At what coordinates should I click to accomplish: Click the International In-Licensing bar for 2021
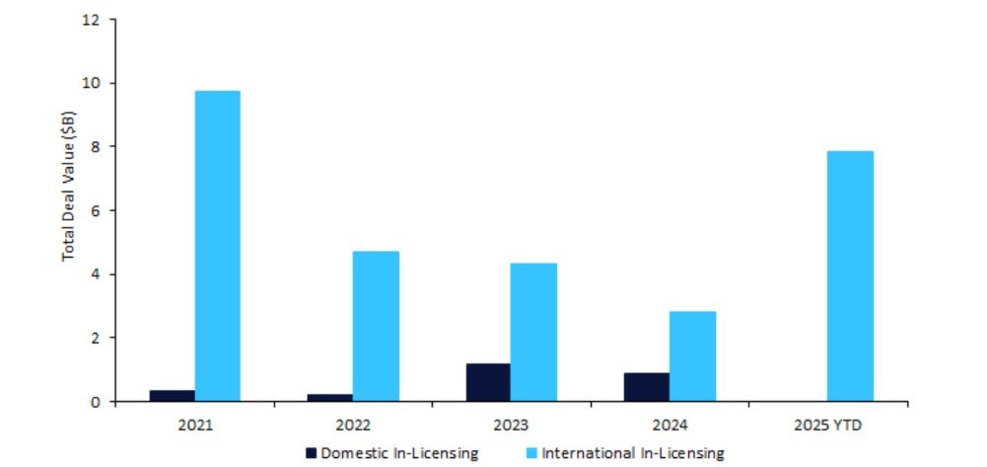point(217,246)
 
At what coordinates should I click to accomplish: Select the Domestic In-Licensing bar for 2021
point(172,395)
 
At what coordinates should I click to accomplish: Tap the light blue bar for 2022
point(376,326)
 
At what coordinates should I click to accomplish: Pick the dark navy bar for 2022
point(330,397)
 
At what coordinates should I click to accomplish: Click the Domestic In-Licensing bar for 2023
point(488,382)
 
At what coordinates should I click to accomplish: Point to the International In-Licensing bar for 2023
point(533,332)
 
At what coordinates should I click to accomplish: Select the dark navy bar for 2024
point(646,386)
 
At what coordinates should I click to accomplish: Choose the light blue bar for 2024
point(692,355)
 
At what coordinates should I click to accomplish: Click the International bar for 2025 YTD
point(850,275)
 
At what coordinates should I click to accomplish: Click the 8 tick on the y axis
point(98,147)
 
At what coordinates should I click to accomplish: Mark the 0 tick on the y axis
point(98,401)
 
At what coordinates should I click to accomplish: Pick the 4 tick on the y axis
point(98,274)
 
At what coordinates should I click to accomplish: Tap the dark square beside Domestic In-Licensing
point(313,452)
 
